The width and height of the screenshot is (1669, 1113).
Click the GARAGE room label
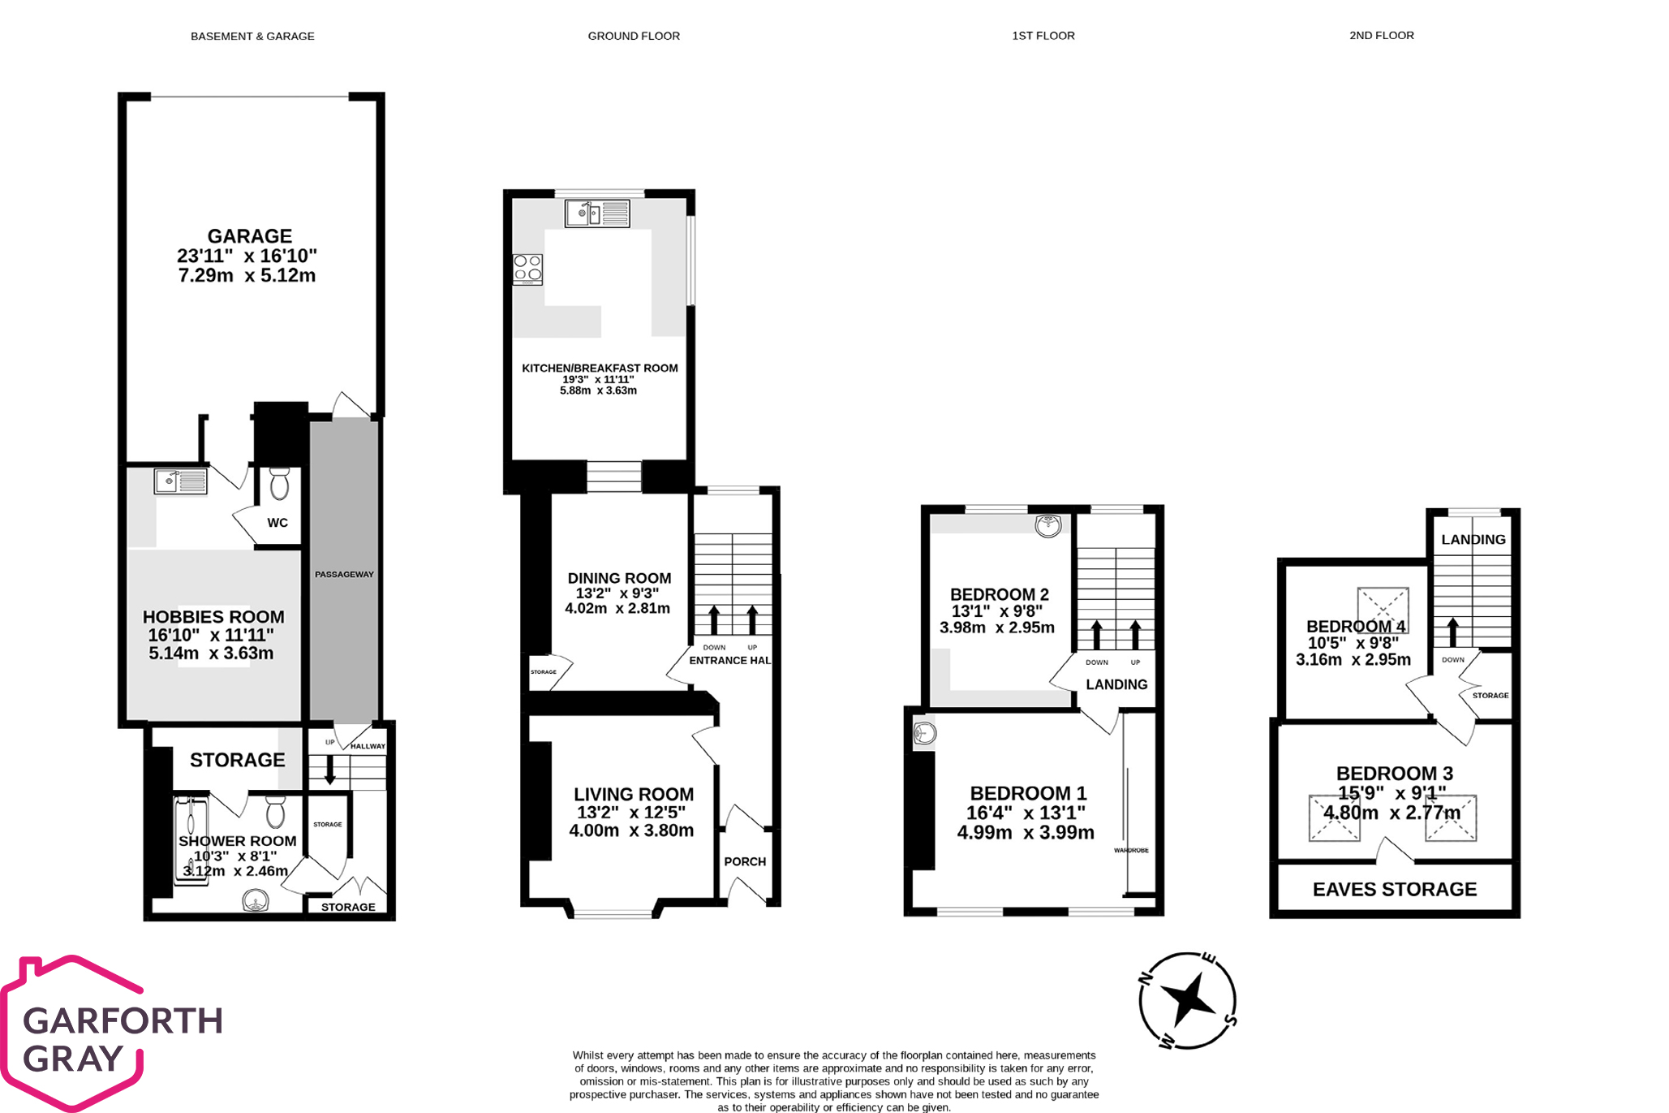click(249, 236)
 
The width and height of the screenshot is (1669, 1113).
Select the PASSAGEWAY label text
click(344, 574)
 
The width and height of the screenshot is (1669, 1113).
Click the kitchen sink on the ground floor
click(597, 214)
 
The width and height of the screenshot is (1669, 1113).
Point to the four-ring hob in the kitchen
click(527, 269)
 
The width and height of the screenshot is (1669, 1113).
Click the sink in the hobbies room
click(180, 481)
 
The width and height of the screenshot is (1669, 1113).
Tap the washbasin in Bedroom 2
click(1047, 525)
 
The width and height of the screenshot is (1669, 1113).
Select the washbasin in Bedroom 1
click(924, 734)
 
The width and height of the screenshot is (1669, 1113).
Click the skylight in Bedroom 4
click(1383, 609)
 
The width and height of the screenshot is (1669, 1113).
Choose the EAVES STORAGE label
click(1394, 889)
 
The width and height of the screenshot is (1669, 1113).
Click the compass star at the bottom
click(1187, 999)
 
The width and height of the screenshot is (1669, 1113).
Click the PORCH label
click(745, 861)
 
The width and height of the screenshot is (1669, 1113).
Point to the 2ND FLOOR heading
click(1381, 35)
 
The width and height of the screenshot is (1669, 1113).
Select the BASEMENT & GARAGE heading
click(252, 36)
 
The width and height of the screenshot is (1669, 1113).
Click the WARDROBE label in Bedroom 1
click(1131, 850)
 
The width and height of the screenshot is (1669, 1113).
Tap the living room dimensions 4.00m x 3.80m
click(631, 830)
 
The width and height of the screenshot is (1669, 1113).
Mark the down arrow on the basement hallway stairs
click(330, 770)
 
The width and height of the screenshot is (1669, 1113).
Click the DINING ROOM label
click(619, 578)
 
